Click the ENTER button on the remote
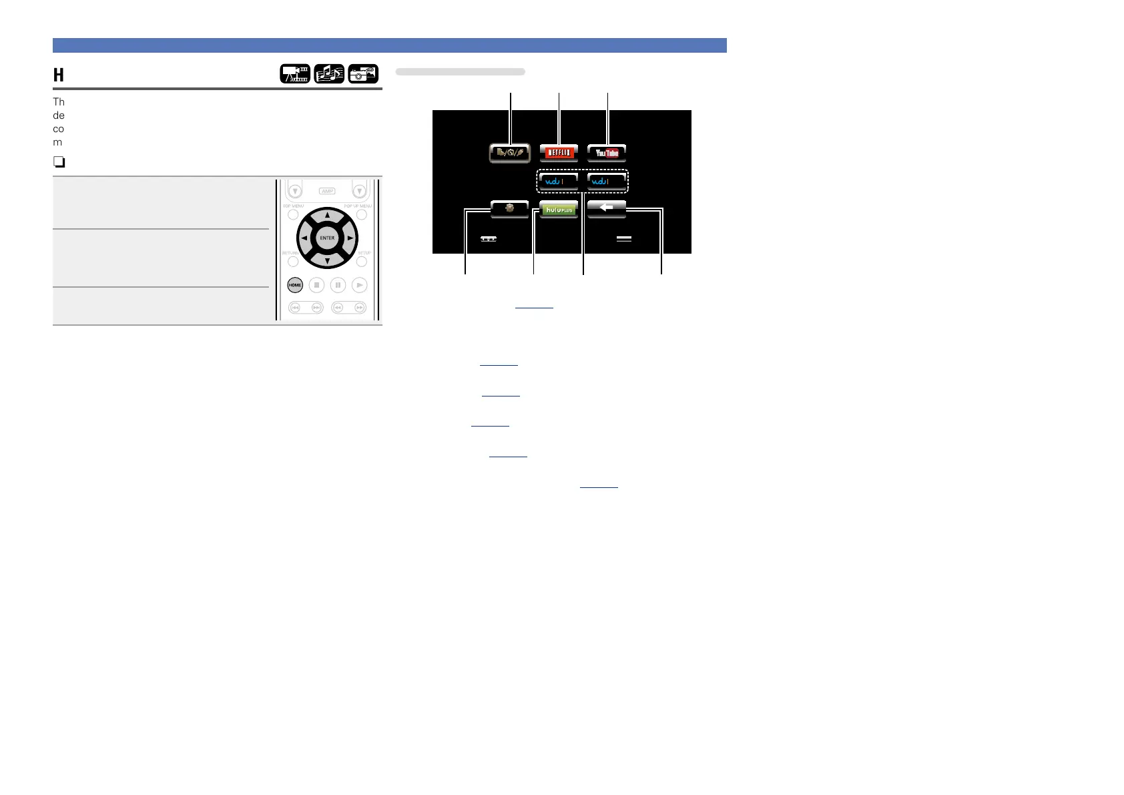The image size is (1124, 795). coord(327,238)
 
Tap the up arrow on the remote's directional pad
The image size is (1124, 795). coord(327,216)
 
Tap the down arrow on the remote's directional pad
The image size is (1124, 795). coord(327,261)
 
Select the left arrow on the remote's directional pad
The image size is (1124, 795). coord(304,238)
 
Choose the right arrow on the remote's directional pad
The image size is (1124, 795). coord(350,238)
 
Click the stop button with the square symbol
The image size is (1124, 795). coord(317,285)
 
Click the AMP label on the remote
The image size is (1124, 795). coord(327,191)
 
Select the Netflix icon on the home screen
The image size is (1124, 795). coord(559,153)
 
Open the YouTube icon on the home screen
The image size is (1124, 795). coord(607,153)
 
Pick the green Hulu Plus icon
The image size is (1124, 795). coord(559,209)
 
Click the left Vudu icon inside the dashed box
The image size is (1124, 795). coord(559,182)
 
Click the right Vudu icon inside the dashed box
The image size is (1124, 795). coord(607,182)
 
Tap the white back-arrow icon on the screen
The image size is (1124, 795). coord(607,208)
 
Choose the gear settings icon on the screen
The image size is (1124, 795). coord(510,208)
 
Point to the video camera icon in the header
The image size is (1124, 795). coord(295,73)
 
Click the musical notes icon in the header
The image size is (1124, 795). coord(329,73)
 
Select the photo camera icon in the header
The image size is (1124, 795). coord(363,73)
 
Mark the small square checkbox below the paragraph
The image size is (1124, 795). coord(59,162)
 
